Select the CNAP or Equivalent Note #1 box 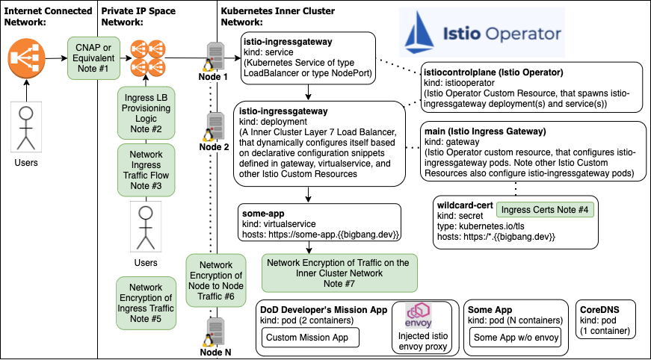tap(93, 58)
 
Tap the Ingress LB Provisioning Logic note tap(146, 114)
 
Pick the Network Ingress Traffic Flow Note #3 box tap(146, 170)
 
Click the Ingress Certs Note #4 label tap(545, 211)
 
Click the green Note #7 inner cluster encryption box tap(339, 273)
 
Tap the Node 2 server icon tap(216, 124)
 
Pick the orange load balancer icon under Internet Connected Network tap(27, 58)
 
